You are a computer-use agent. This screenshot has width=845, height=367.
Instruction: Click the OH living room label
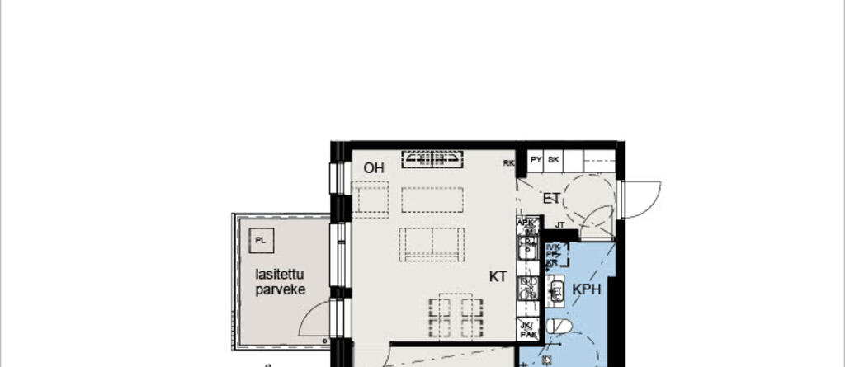click(374, 168)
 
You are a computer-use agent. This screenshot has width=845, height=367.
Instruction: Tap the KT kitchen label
click(498, 277)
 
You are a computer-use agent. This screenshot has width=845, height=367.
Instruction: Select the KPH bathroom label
click(586, 289)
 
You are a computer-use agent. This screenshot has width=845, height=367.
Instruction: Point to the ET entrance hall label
click(552, 198)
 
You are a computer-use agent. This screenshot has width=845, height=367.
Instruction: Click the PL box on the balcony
click(261, 241)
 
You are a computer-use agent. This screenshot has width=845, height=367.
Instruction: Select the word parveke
click(281, 290)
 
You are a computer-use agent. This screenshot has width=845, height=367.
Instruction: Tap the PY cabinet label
click(536, 160)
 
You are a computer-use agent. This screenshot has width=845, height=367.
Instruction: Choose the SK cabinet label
click(554, 160)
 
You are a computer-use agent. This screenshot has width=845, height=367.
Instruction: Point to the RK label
click(509, 163)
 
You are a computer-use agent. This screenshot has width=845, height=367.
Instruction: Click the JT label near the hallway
click(559, 223)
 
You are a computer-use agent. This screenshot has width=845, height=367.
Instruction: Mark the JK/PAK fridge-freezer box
click(528, 329)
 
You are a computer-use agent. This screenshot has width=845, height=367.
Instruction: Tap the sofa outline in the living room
click(431, 244)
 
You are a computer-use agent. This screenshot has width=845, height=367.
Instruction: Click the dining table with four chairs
click(456, 314)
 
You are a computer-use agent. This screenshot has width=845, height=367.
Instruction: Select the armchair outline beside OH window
click(371, 200)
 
